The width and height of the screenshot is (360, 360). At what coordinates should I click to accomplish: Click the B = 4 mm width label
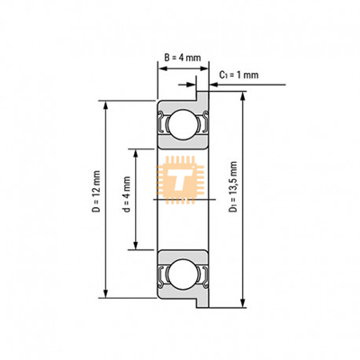[x=183, y=58]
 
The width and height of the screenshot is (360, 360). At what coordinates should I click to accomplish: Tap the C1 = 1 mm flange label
[x=238, y=75]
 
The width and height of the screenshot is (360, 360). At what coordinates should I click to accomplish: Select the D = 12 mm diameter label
[x=96, y=192]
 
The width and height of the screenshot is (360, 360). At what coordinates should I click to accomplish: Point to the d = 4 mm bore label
[x=127, y=194]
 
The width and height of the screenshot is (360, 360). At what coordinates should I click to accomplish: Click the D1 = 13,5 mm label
[x=233, y=187]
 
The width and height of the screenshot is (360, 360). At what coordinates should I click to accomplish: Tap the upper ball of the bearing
[x=183, y=124]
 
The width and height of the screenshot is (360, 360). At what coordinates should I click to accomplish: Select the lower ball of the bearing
[x=183, y=274]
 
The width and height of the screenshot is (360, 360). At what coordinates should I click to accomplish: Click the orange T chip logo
[x=180, y=180]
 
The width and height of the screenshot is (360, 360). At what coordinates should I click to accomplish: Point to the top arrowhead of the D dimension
[x=105, y=105]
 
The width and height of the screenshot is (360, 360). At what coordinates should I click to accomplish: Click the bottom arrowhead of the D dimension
[x=105, y=293]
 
